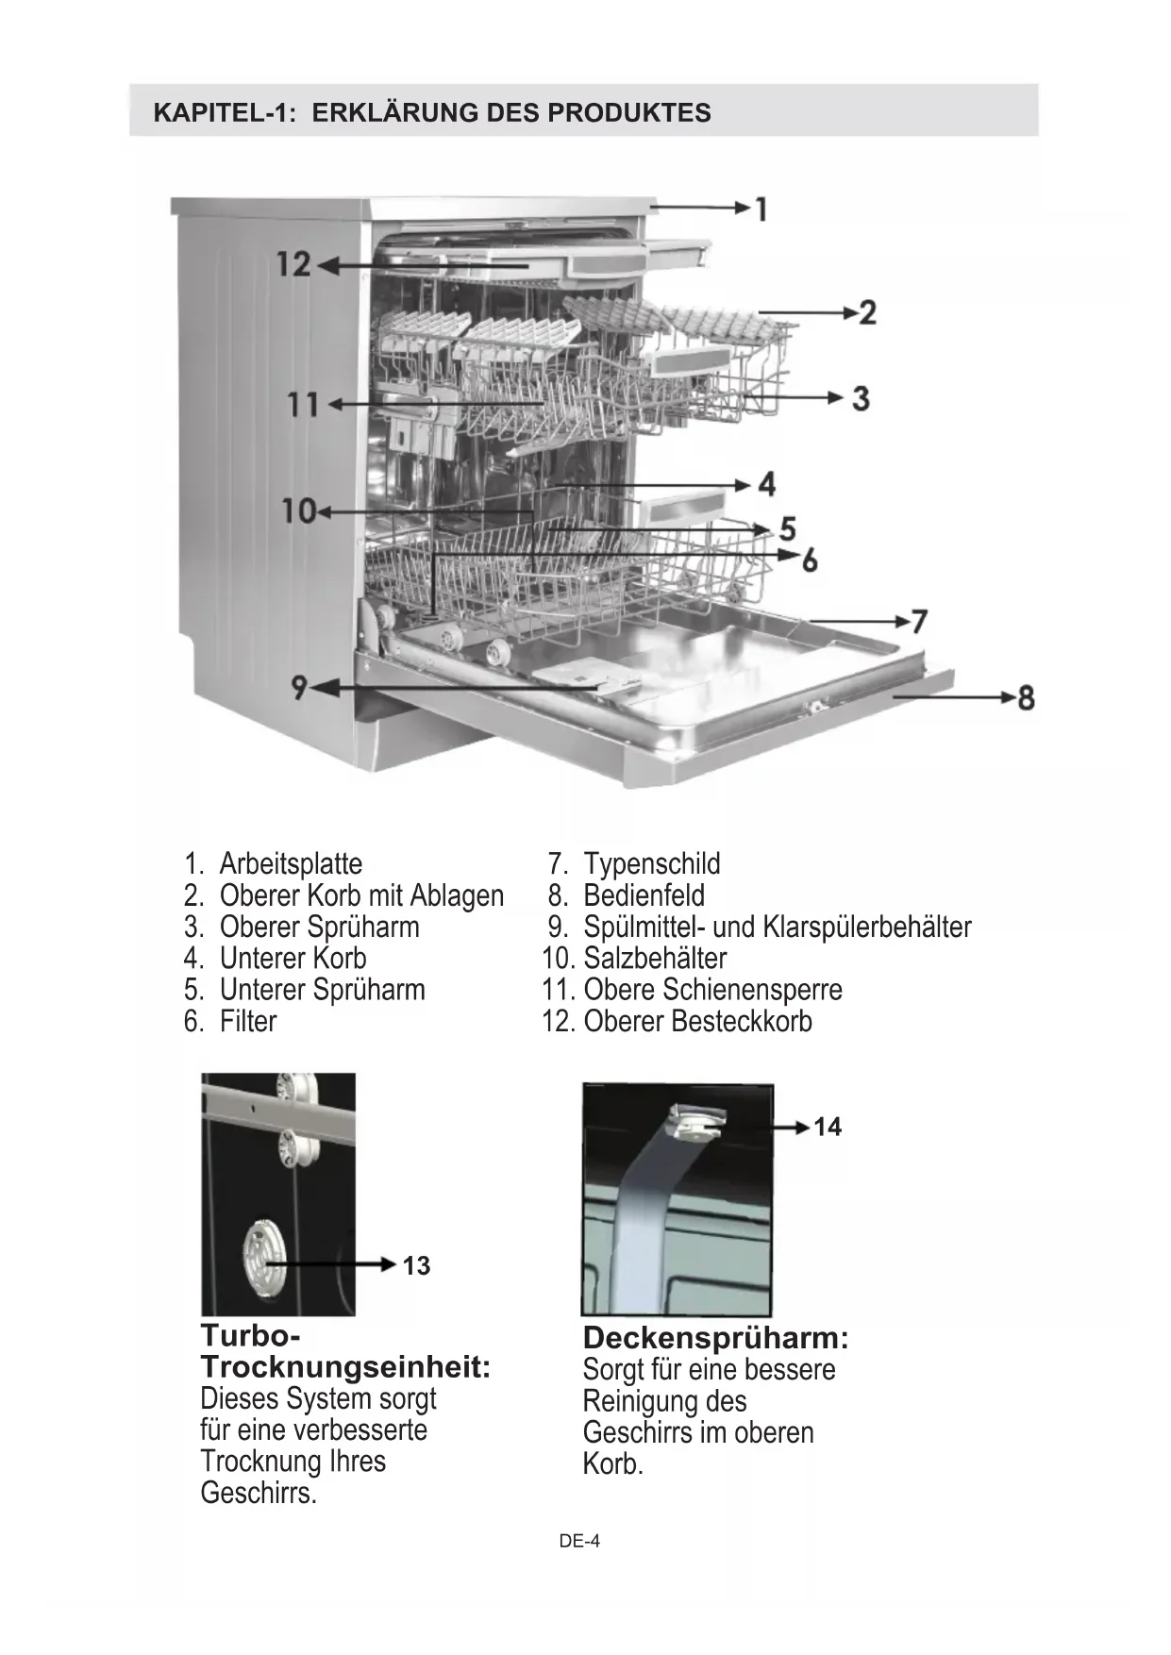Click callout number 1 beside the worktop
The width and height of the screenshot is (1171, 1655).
(x=761, y=209)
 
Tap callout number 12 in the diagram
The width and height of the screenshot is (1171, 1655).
(x=293, y=264)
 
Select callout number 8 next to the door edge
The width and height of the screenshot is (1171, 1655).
(x=1026, y=698)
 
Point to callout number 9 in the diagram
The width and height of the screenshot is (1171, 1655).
(x=299, y=688)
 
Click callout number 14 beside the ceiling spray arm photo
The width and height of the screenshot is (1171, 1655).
(x=828, y=1127)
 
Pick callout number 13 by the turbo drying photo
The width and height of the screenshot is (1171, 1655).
(x=416, y=1266)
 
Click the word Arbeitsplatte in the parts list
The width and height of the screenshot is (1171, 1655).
(x=291, y=863)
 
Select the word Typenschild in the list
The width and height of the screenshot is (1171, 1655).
(x=652, y=863)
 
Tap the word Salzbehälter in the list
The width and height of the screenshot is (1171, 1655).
(x=655, y=959)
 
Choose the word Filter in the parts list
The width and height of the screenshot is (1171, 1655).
(x=248, y=1021)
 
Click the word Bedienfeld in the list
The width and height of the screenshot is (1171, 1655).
(x=644, y=895)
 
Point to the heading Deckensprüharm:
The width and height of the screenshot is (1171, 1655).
(x=716, y=1338)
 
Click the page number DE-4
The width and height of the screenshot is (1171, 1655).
(x=579, y=1541)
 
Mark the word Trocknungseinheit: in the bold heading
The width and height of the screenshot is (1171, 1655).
(x=345, y=1367)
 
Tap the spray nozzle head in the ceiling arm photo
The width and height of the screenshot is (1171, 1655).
(x=696, y=1123)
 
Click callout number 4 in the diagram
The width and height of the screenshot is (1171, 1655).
(x=767, y=484)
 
